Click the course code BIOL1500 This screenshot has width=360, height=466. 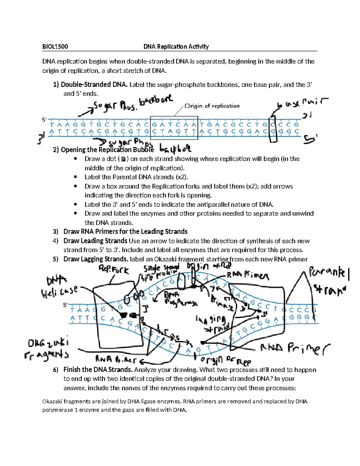tap(55, 47)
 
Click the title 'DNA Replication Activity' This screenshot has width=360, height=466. tap(176, 47)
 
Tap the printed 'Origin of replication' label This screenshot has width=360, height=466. tap(212, 106)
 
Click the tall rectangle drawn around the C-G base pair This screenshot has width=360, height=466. tap(273, 129)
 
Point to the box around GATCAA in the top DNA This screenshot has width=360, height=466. tap(174, 128)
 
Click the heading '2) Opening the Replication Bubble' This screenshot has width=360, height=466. tap(103, 150)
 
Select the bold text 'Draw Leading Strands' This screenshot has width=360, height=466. tap(95, 241)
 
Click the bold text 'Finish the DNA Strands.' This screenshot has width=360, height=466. tap(98, 369)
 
